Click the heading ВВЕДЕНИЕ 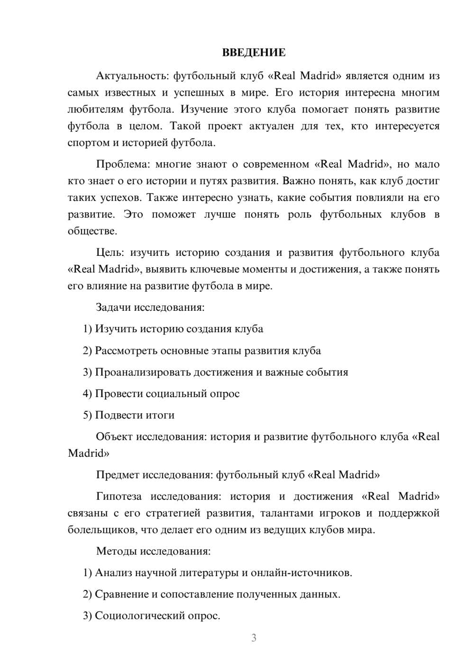(x=254, y=53)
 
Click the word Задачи (x=113, y=307)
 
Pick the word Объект (x=114, y=436)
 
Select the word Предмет (x=118, y=474)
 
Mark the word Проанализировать (x=143, y=372)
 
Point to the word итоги (x=159, y=415)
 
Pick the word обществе (x=92, y=231)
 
